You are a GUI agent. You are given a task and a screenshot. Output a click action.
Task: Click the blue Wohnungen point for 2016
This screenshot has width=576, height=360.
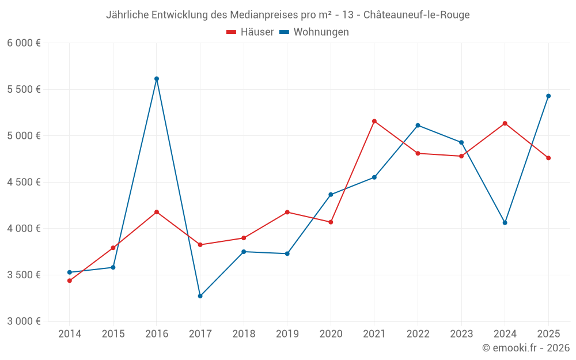click(x=157, y=78)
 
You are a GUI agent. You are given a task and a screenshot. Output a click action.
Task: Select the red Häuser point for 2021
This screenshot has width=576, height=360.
click(x=374, y=121)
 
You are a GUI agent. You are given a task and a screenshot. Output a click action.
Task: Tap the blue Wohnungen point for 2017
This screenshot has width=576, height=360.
click(x=200, y=296)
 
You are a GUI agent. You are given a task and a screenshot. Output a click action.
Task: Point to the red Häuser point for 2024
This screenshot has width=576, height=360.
click(x=505, y=123)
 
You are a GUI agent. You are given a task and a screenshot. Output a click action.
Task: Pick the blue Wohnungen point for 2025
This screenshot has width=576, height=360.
click(x=548, y=96)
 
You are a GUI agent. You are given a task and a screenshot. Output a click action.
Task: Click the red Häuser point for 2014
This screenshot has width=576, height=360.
click(x=70, y=281)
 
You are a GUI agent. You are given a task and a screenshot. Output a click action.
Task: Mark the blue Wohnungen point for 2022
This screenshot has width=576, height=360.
click(x=418, y=125)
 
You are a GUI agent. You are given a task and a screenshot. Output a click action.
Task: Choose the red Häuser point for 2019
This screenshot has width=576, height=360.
click(x=287, y=212)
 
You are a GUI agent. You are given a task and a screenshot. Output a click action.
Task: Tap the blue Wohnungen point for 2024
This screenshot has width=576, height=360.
click(x=505, y=222)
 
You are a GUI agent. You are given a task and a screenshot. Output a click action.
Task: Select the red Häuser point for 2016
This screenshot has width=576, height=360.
click(x=157, y=212)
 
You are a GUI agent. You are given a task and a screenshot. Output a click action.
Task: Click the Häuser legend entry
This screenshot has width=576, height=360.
click(x=250, y=32)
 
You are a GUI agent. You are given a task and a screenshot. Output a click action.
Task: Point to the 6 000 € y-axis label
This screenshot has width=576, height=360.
click(x=24, y=43)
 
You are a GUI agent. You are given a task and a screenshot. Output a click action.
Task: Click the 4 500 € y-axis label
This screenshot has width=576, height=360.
click(x=24, y=182)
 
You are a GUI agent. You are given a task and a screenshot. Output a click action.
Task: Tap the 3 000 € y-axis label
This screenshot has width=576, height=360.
click(x=24, y=321)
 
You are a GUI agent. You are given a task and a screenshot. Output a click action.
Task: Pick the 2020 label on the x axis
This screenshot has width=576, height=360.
click(x=331, y=334)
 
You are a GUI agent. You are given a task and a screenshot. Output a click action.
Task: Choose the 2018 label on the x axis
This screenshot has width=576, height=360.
click(x=244, y=334)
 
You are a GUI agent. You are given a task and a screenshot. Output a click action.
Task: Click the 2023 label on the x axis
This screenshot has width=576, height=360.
click(x=461, y=334)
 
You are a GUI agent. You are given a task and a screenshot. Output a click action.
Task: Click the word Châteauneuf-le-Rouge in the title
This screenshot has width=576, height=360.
click(x=416, y=15)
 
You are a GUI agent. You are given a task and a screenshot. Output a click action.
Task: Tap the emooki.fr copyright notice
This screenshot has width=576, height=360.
click(x=526, y=348)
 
